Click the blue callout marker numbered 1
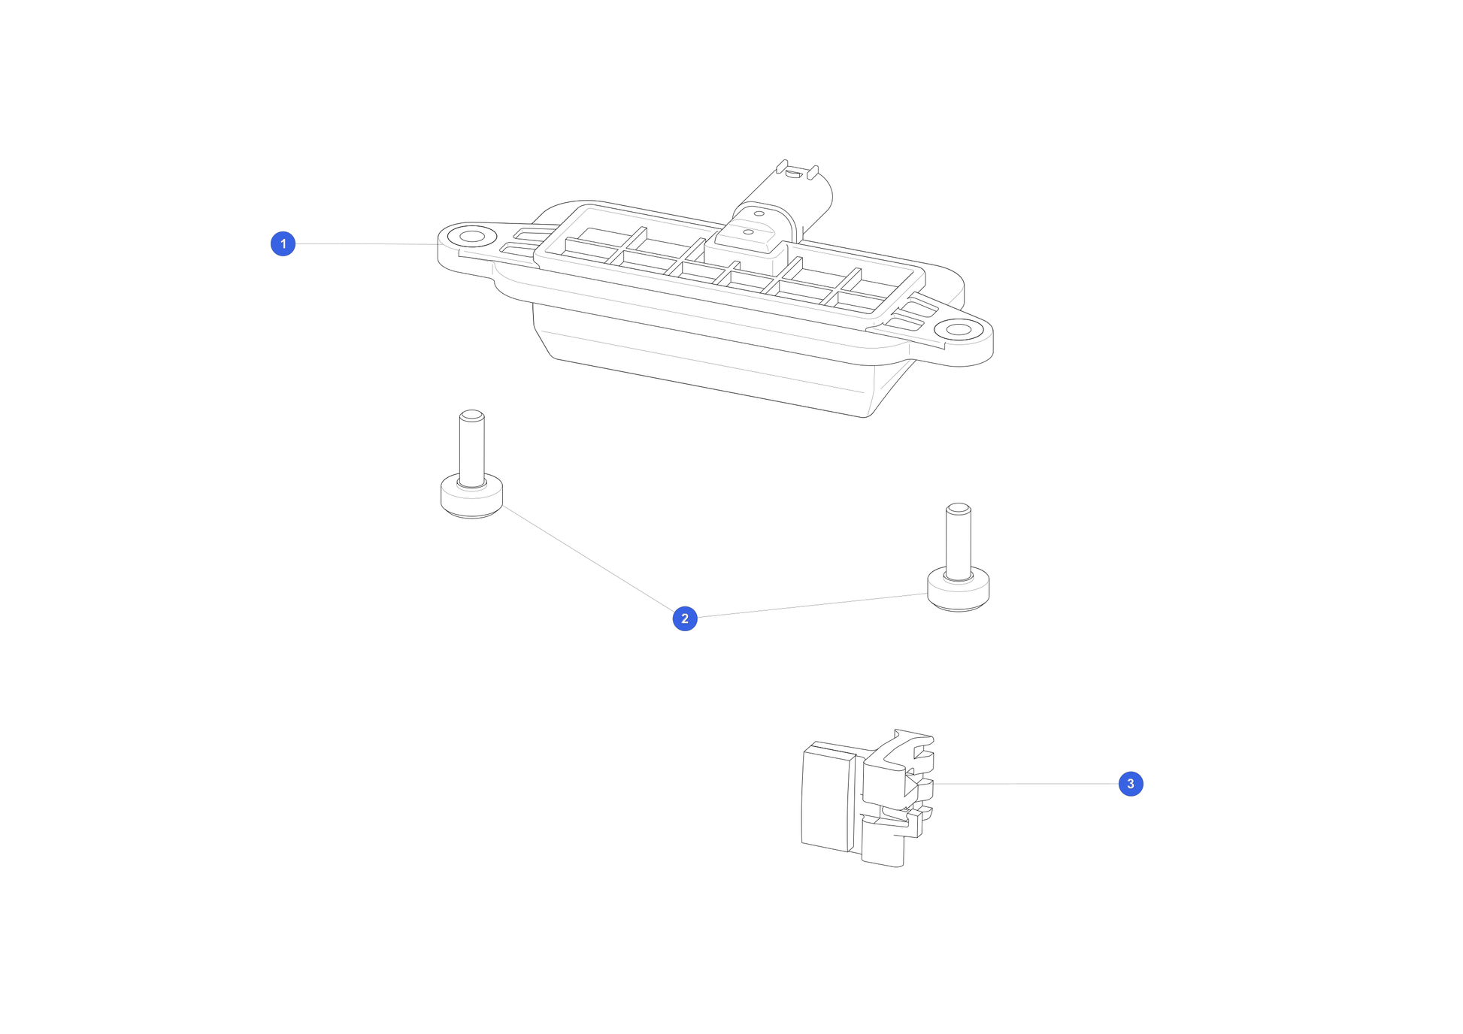283,243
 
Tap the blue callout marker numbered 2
684,618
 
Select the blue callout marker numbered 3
1130,784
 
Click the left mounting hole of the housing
471,237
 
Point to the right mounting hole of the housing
959,330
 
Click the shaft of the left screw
471,449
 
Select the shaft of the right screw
958,543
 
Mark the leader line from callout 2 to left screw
588,558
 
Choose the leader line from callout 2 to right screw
812,606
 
